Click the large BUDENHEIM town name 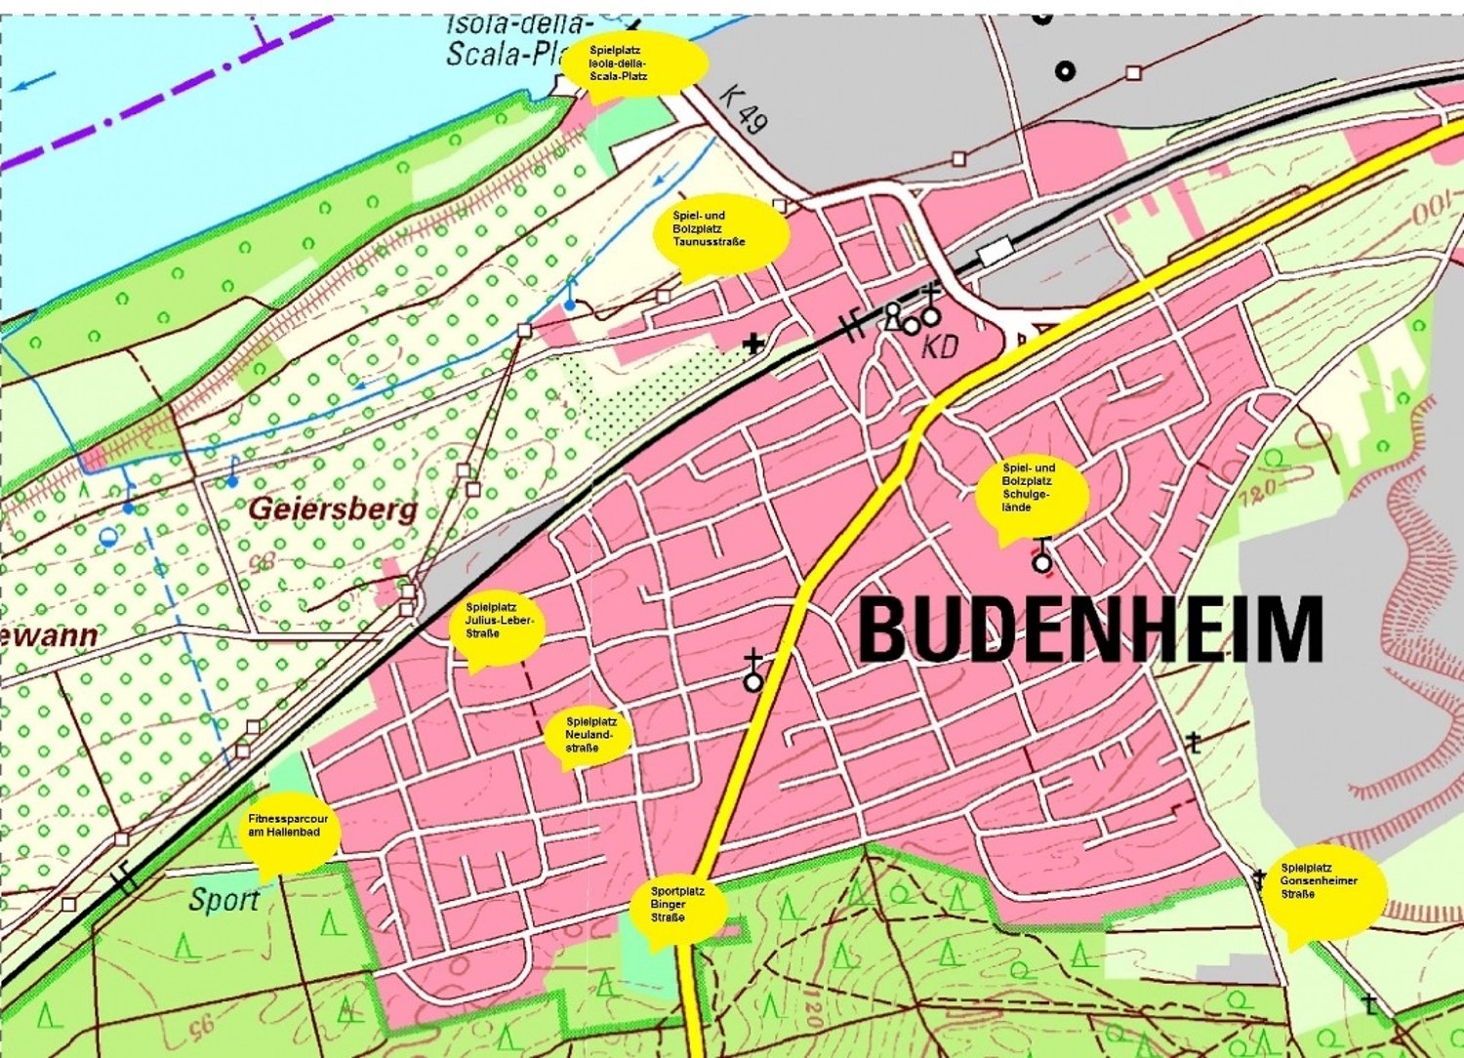click(x=1090, y=630)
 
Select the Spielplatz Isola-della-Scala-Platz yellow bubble click(x=634, y=62)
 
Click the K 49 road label click(x=744, y=107)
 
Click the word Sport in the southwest click(x=224, y=900)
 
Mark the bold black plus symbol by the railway click(x=752, y=344)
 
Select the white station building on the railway click(x=996, y=253)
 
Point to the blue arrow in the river click(x=34, y=82)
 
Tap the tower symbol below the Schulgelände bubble click(x=1042, y=557)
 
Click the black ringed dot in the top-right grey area click(x=1066, y=70)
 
